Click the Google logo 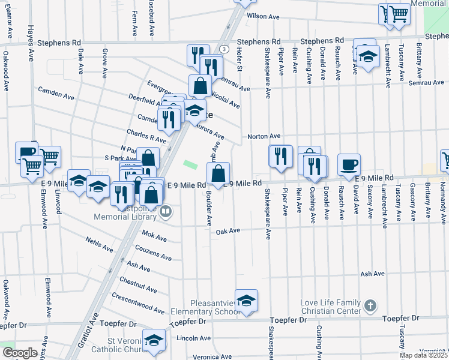coord(19,353)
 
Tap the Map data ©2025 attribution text coord(423,355)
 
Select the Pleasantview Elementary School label coord(205,307)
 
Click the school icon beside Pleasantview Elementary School coord(246,301)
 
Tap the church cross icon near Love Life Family coord(370,306)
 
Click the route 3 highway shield coord(223,49)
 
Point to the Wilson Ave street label coord(268,17)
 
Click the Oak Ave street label coord(228,231)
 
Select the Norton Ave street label coord(264,137)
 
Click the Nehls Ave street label coord(99,245)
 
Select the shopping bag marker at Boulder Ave coord(218,174)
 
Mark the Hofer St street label coord(238,60)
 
